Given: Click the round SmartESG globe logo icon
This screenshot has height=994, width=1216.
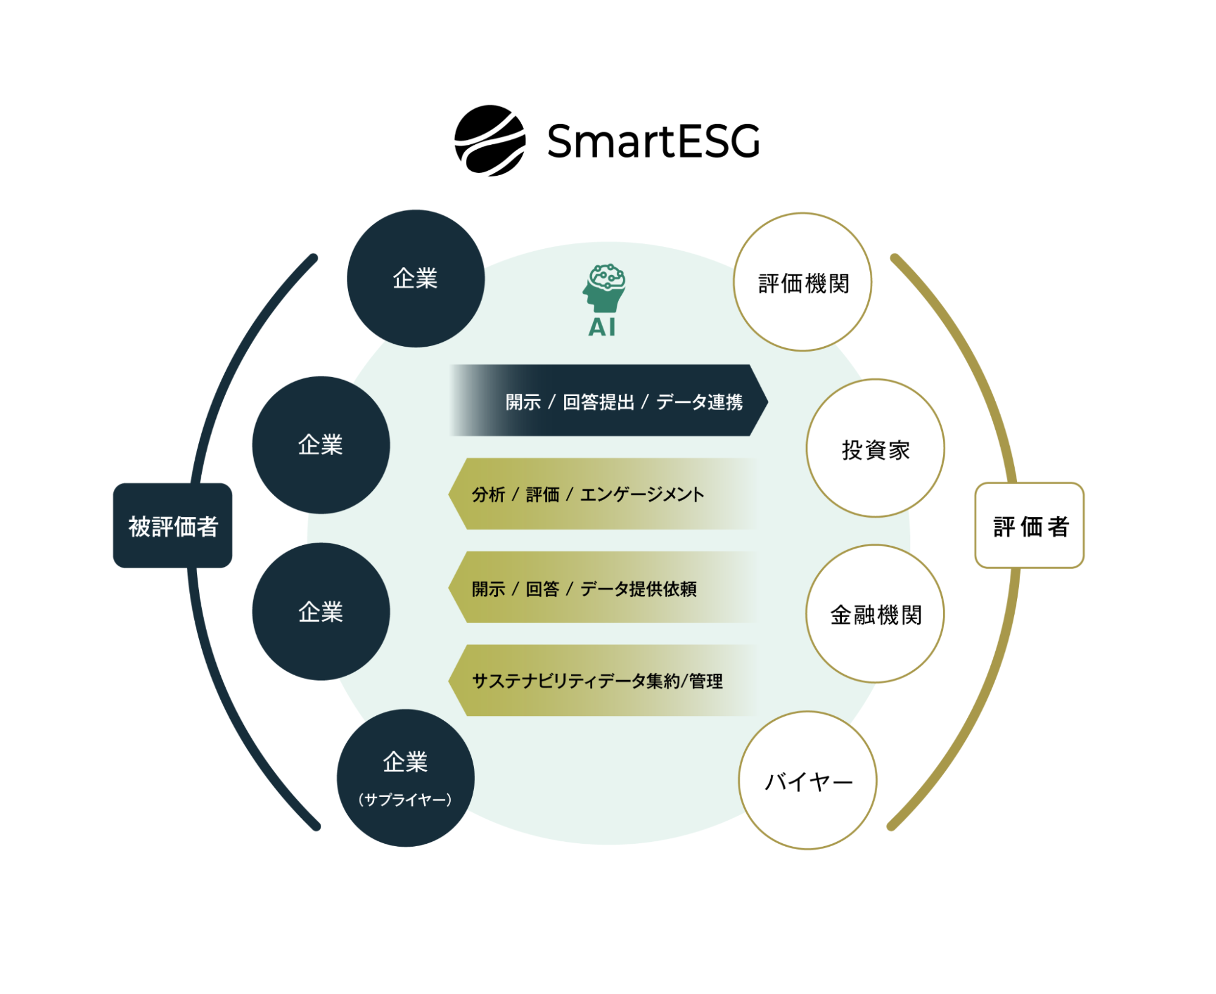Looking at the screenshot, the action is (490, 141).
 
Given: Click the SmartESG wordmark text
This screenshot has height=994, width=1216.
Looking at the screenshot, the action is (653, 141).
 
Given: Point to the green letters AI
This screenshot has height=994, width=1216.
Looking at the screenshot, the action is (602, 327).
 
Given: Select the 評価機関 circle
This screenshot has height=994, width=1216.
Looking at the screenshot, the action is (802, 282).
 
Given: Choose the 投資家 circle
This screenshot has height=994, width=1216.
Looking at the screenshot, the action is (875, 448).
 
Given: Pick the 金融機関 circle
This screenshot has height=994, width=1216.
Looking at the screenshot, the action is (875, 614).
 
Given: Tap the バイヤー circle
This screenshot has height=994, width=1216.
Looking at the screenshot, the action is (808, 780).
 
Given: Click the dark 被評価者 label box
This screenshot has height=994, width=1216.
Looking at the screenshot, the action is (173, 526).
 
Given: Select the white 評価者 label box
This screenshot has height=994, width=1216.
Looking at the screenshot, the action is (1029, 526).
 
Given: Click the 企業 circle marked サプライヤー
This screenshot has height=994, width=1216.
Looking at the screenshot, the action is (406, 778).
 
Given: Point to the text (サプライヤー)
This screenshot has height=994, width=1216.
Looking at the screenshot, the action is (405, 799).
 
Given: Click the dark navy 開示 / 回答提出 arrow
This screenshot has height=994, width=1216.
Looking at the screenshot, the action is (608, 400).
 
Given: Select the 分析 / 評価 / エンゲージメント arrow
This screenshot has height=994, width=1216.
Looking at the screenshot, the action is (602, 494).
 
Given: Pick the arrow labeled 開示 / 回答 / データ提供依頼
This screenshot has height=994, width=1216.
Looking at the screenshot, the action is (602, 587).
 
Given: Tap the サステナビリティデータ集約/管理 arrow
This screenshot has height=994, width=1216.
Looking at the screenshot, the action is (602, 680).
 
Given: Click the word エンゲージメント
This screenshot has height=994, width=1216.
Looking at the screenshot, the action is (642, 495).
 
